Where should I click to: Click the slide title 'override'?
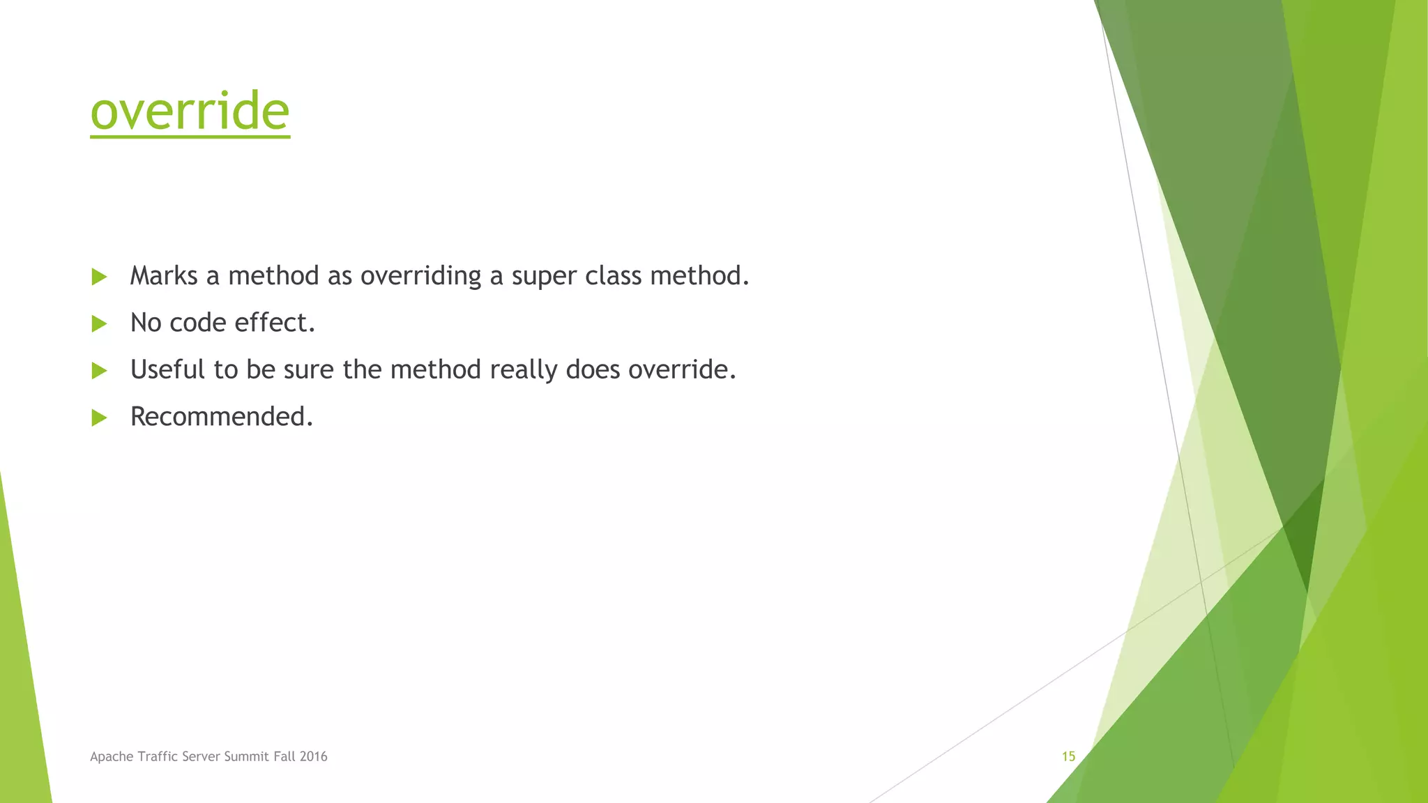pyautogui.click(x=190, y=111)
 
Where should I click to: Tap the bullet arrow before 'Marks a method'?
pyautogui.click(x=99, y=277)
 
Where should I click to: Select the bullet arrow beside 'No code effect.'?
pyautogui.click(x=99, y=323)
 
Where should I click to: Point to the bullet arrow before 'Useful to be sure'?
pyautogui.click(x=99, y=370)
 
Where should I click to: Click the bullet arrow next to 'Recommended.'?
pyautogui.click(x=99, y=418)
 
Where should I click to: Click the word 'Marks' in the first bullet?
pyautogui.click(x=164, y=276)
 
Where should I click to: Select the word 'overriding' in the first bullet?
pyautogui.click(x=420, y=276)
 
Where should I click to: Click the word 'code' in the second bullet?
pyautogui.click(x=197, y=323)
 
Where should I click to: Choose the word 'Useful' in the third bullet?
pyautogui.click(x=167, y=369)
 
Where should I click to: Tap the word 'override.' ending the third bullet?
pyautogui.click(x=682, y=369)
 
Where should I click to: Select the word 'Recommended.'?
pyautogui.click(x=222, y=417)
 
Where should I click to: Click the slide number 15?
pyautogui.click(x=1068, y=756)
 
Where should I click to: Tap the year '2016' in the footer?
pyautogui.click(x=313, y=756)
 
